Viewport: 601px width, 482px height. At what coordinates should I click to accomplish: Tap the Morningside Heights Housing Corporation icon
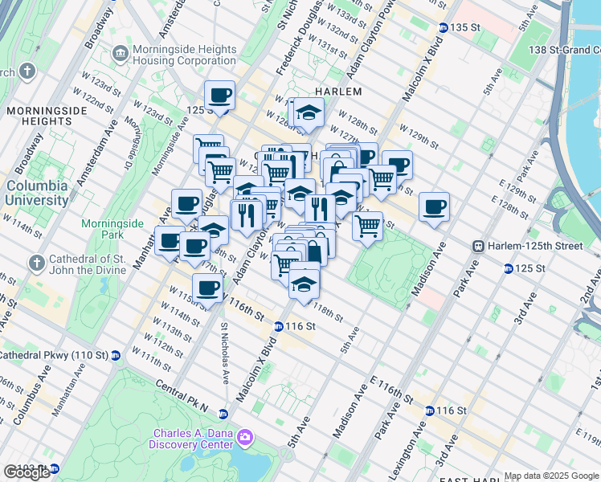(120, 53)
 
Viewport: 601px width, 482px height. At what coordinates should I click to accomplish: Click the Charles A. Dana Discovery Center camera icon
(245, 438)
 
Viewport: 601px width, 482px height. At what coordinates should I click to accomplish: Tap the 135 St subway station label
(464, 27)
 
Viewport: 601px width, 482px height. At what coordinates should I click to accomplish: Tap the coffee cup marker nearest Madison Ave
(434, 207)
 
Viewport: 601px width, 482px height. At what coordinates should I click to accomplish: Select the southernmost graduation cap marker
(304, 284)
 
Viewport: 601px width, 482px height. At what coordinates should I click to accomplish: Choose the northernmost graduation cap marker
(308, 115)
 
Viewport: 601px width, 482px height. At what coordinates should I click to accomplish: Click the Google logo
(27, 472)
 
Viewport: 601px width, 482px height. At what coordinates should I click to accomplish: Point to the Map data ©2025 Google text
(551, 476)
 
